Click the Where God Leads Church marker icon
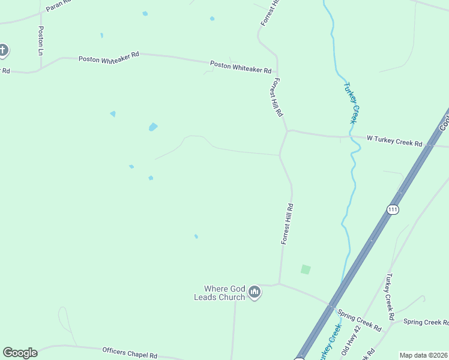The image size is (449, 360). click(x=255, y=292)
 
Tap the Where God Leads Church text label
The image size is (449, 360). click(x=220, y=293)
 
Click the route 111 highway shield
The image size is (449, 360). click(x=393, y=209)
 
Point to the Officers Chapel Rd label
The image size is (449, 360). click(x=130, y=352)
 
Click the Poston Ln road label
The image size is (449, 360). click(x=41, y=40)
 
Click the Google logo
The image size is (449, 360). click(x=20, y=353)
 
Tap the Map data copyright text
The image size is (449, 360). click(x=424, y=355)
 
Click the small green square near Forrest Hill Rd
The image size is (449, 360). click(x=306, y=269)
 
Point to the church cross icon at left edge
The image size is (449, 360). click(x=2, y=50)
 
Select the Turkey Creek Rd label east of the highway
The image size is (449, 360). click(x=390, y=296)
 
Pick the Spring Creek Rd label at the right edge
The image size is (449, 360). click(x=426, y=322)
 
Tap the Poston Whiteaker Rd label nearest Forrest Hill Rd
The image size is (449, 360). click(x=240, y=67)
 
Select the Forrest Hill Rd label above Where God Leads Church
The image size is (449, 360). click(x=288, y=224)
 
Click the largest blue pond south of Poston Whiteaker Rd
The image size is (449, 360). click(x=153, y=127)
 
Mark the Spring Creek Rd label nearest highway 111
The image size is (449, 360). click(x=359, y=320)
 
